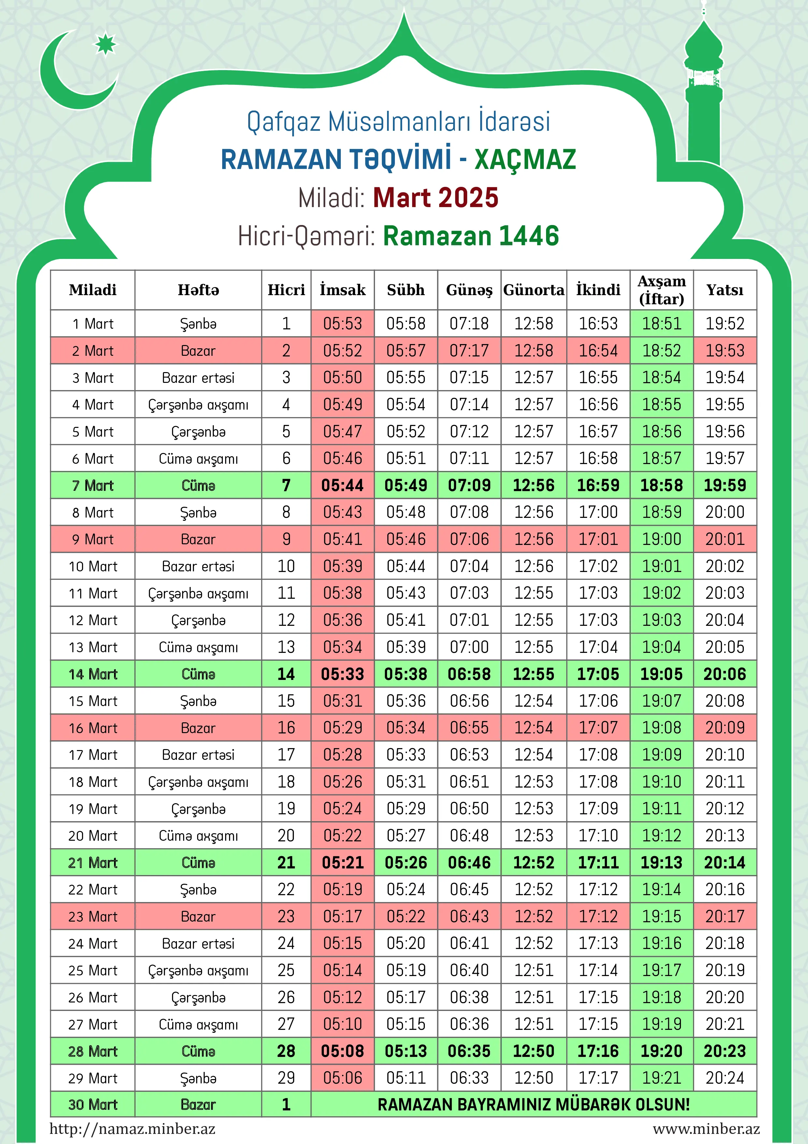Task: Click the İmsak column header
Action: click(x=342, y=290)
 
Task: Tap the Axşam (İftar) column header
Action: click(x=662, y=290)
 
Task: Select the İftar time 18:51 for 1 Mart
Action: click(x=662, y=324)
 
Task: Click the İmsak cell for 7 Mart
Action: click(x=342, y=485)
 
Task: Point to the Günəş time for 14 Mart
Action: click(x=469, y=674)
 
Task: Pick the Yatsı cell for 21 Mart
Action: click(x=725, y=863)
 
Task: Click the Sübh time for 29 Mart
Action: click(x=406, y=1078)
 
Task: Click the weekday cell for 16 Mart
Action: click(x=198, y=728)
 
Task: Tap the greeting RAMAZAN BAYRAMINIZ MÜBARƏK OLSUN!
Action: click(x=534, y=1105)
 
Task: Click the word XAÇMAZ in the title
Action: click(x=525, y=159)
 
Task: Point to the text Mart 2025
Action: click(x=436, y=198)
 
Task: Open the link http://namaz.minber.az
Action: click(x=132, y=1129)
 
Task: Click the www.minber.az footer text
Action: click(x=706, y=1129)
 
